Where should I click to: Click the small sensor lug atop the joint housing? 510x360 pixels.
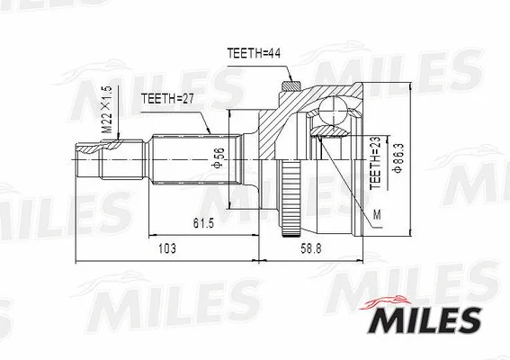click(x=290, y=86)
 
